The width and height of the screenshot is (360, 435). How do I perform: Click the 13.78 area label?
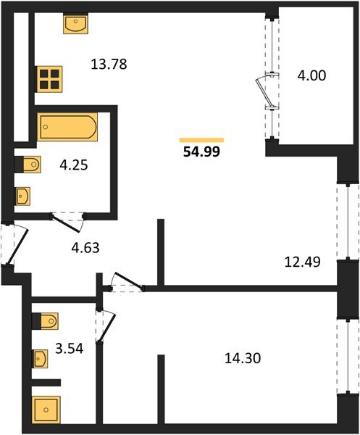coord(109,64)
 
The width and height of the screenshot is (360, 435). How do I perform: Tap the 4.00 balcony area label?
coord(311,75)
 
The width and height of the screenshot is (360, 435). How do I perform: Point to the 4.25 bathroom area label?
coord(72,165)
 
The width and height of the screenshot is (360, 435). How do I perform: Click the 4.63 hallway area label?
coord(85,247)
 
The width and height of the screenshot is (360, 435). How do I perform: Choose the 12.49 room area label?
coord(303,261)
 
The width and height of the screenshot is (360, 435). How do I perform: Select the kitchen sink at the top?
coord(75,25)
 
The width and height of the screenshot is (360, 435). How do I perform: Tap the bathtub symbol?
coord(67,128)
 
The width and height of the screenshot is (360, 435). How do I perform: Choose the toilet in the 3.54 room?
coord(45,320)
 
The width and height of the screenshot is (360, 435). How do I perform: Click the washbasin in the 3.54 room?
coord(41,357)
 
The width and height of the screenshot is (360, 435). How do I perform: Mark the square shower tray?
coord(46,410)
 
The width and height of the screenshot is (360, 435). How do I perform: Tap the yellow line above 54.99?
coord(201,140)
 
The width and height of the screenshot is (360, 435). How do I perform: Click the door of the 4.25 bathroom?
coord(67,216)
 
